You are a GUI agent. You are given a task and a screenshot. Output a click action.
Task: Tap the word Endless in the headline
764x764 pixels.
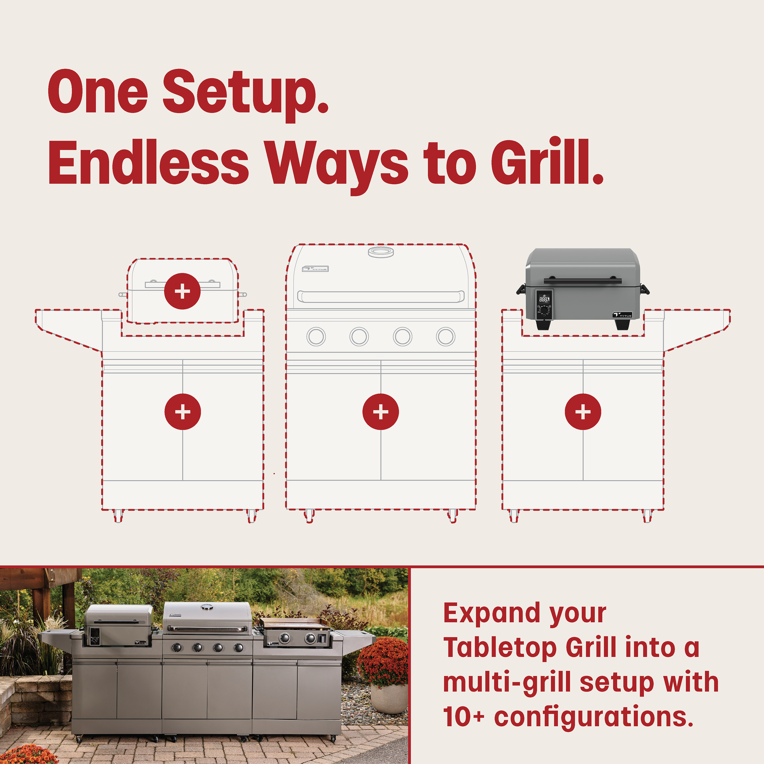coord(149,162)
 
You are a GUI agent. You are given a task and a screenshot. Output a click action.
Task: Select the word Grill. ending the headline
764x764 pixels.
coord(547,162)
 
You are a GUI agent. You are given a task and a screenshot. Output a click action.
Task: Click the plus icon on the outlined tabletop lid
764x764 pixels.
coord(182,291)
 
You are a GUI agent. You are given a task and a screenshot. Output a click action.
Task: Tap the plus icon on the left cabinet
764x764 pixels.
coord(183,412)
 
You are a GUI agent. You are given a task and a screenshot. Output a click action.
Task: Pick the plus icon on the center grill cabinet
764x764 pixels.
coord(380,412)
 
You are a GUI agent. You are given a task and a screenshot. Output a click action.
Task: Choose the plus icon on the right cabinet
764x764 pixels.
coord(583,412)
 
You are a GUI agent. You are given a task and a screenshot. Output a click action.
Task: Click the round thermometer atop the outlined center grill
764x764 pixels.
coord(381,252)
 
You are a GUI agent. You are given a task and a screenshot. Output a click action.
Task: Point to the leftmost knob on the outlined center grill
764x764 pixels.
coord(316,336)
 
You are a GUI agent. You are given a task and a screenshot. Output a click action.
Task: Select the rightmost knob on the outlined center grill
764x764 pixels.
coord(446,336)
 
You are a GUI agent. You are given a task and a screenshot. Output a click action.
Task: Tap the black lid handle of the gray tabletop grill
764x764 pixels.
coord(583,281)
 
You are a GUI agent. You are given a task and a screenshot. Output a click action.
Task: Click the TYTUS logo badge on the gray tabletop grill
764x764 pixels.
coord(622,315)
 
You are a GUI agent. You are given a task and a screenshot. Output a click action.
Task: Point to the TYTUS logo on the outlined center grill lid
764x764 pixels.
coord(315,269)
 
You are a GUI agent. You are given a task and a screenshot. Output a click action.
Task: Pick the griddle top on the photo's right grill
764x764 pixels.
coord(295,624)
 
